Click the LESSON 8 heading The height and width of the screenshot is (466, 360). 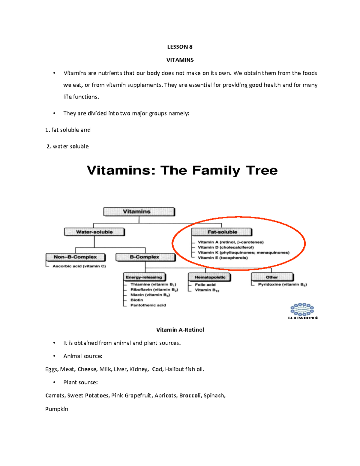point(180,47)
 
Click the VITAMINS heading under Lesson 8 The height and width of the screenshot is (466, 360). point(180,60)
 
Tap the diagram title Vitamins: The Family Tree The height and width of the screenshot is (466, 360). point(182,170)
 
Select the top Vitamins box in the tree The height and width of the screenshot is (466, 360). point(139,212)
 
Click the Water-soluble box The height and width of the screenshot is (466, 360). point(94,232)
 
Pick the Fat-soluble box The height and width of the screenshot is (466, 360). point(222,232)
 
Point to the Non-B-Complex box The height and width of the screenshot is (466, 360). point(75,257)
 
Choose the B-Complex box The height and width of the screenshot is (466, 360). point(145,257)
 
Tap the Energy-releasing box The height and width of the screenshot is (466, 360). point(144,277)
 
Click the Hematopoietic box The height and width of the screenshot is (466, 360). point(209,277)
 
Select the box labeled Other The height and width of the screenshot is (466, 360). point(272,277)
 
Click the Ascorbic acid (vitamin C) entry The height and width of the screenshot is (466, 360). point(79,266)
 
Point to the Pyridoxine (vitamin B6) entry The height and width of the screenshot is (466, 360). point(282,284)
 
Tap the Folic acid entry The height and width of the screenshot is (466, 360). point(205,285)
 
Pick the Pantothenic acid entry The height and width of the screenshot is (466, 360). point(148,305)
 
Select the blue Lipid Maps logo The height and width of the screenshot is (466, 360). point(302,309)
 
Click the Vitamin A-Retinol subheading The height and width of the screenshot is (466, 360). point(180,330)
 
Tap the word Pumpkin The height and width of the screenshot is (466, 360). point(57,409)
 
